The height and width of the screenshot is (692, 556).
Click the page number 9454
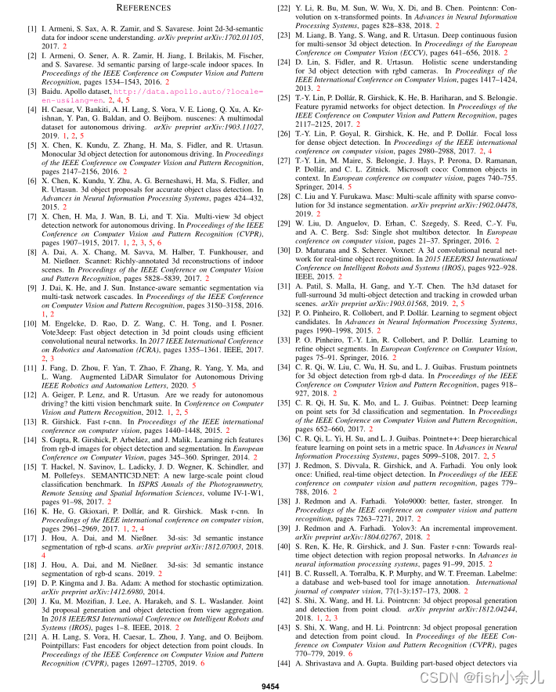[272, 686]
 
